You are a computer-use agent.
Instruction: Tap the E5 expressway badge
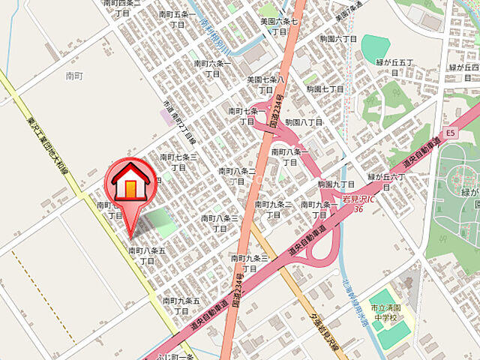pos(450,133)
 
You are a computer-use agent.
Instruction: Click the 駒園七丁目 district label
pos(325,88)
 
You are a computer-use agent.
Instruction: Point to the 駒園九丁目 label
pos(335,184)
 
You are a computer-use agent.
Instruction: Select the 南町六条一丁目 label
pos(213,68)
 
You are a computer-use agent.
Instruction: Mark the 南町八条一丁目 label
pos(289,156)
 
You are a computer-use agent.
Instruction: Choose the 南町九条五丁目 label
pos(181,305)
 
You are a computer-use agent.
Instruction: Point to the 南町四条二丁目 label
pos(122,7)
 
